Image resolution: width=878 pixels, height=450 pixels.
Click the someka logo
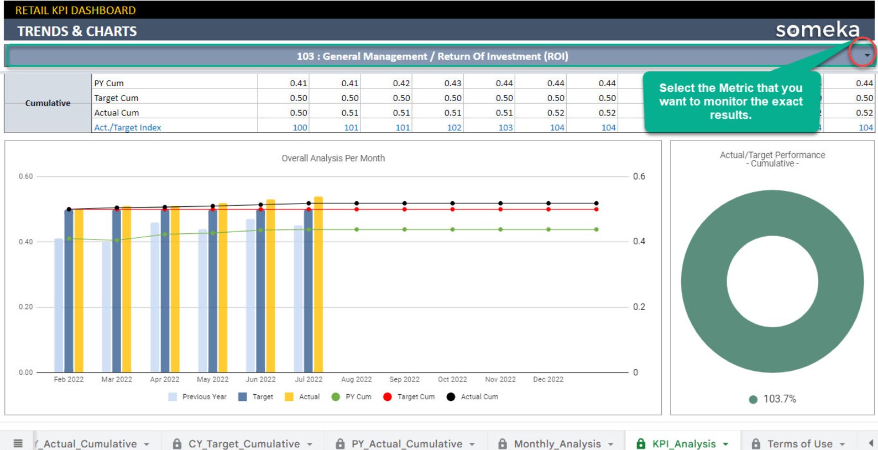(x=817, y=30)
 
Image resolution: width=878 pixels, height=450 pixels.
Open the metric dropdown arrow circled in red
(x=866, y=55)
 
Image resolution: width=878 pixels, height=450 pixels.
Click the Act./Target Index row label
(x=128, y=128)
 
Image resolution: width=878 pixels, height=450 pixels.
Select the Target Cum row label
(x=117, y=98)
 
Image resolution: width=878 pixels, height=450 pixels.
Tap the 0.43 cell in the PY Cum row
(x=452, y=83)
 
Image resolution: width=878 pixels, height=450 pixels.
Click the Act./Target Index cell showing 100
(x=300, y=128)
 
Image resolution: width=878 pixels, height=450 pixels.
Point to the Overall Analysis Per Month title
(x=333, y=158)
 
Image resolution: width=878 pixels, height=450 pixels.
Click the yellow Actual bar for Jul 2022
(x=318, y=285)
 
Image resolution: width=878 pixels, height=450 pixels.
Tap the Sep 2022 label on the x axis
(x=404, y=379)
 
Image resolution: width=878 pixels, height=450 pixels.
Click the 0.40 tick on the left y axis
(x=25, y=242)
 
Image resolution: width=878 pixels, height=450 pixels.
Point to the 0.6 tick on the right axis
(x=639, y=176)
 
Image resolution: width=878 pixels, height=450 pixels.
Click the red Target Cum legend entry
(x=410, y=397)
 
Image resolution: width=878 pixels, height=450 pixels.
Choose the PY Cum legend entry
(x=352, y=397)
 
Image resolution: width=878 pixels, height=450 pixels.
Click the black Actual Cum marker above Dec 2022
(x=548, y=203)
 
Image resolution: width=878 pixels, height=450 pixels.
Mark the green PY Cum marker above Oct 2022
(x=452, y=229)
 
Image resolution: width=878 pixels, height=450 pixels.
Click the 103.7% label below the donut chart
(x=779, y=399)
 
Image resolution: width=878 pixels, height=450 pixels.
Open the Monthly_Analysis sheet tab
(x=557, y=443)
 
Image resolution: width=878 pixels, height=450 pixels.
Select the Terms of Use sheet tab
(x=799, y=443)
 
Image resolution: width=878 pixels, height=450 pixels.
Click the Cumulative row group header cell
(x=48, y=103)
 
